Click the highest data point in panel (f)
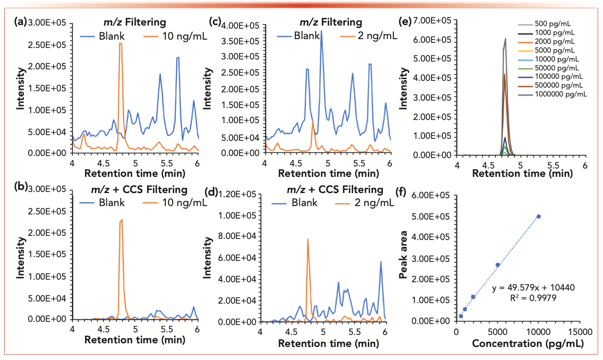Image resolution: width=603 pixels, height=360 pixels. (x=539, y=217)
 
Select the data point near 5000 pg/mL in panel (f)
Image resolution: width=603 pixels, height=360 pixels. (x=498, y=265)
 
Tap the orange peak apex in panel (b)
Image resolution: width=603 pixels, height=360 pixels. (x=122, y=220)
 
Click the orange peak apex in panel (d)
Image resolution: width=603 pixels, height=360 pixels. (x=308, y=239)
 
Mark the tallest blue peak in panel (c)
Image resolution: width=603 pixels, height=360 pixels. (x=321, y=31)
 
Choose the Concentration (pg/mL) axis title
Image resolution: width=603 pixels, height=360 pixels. (x=527, y=343)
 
